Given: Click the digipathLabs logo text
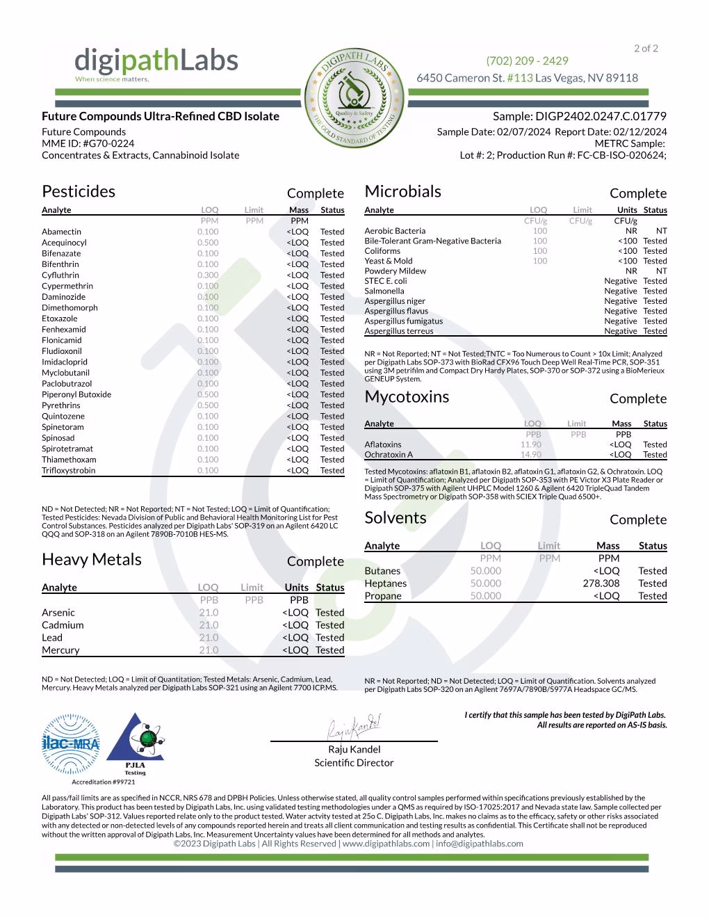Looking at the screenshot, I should click(156, 62).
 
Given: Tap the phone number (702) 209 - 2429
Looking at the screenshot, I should click(527, 61).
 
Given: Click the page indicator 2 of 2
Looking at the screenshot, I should click(646, 49).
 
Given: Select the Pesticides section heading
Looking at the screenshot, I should click(79, 191).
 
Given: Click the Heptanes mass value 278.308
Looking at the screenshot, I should click(601, 583).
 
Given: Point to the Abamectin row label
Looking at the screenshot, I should click(61, 232).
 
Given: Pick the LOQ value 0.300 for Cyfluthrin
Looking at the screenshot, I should click(207, 275).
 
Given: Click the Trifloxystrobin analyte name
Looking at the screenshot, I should click(68, 471).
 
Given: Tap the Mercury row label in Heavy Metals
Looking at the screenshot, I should click(60, 650).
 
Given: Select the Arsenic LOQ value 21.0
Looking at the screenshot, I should click(209, 613).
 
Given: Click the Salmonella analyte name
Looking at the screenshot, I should click(384, 291).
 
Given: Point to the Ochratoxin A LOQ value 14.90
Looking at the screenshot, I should click(530, 455).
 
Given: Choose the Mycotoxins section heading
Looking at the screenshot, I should click(407, 397).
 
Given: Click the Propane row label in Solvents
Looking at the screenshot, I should click(383, 596).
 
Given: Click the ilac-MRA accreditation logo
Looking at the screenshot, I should click(71, 744).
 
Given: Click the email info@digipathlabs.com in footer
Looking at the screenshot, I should click(480, 844).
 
